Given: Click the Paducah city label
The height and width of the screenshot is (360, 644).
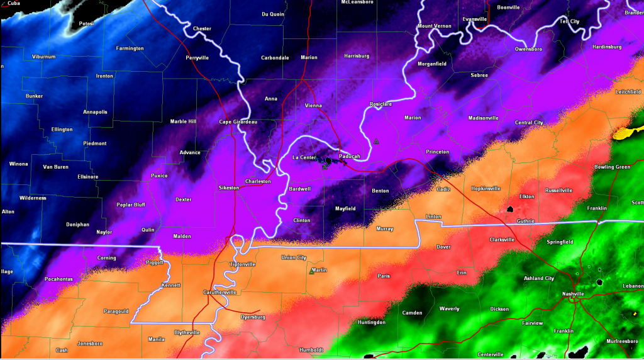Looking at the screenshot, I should (x=349, y=156).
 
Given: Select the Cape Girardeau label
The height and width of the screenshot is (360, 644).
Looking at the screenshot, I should (x=238, y=122).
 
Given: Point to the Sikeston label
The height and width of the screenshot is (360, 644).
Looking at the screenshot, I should (x=229, y=188).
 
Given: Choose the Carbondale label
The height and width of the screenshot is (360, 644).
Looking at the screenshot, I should (x=275, y=57).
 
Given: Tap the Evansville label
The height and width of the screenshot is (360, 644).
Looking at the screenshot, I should (x=475, y=19).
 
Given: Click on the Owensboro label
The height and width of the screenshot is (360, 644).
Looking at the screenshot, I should (x=528, y=48).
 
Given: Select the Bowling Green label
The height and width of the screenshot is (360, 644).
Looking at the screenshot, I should (x=612, y=167).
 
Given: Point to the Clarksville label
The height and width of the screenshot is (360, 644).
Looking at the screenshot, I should (x=501, y=239).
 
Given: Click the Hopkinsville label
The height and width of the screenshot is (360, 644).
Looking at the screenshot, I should (x=486, y=188).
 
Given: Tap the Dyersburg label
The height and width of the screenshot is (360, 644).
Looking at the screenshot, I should (x=253, y=317).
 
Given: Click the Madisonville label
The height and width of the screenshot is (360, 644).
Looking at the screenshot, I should (x=483, y=118).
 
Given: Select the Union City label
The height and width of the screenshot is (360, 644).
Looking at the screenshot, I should (x=294, y=257).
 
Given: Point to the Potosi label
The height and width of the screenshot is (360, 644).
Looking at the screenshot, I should (x=86, y=24).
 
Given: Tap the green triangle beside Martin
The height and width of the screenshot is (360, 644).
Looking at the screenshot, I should (x=311, y=272).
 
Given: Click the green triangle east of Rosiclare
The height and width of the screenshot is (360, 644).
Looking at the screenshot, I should (x=376, y=141).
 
